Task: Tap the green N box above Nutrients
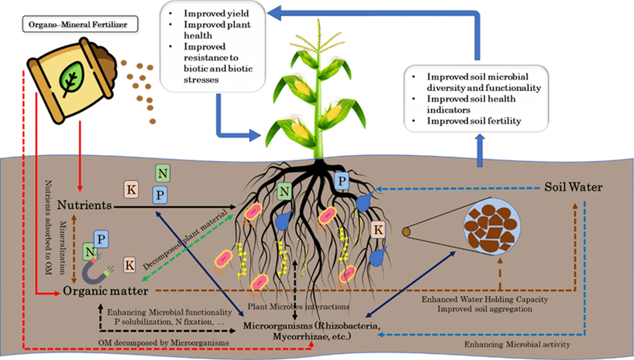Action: pos(162,174)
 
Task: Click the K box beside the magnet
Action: pos(130,263)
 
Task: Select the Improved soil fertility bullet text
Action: pos(474,121)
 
